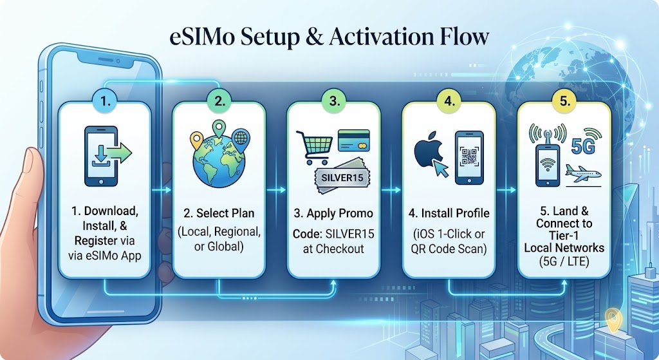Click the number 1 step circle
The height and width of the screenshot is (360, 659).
click(x=105, y=100)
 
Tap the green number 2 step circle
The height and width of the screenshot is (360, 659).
click(x=219, y=100)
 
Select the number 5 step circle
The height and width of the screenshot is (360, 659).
click(x=565, y=100)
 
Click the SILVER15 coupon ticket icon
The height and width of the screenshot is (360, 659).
click(x=342, y=176)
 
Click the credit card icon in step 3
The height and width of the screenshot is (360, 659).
click(x=353, y=140)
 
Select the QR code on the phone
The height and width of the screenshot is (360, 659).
click(x=469, y=156)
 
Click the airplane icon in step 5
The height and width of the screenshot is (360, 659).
click(x=583, y=174)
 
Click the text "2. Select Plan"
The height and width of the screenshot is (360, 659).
click(x=219, y=213)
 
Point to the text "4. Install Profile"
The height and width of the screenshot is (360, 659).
click(x=449, y=213)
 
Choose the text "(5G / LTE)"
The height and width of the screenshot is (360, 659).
click(x=564, y=261)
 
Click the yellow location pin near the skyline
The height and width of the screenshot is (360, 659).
click(x=613, y=319)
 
